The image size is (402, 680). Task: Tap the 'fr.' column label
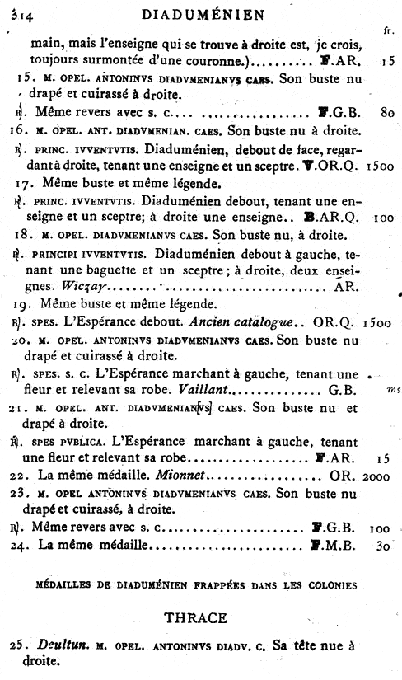click(387, 31)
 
